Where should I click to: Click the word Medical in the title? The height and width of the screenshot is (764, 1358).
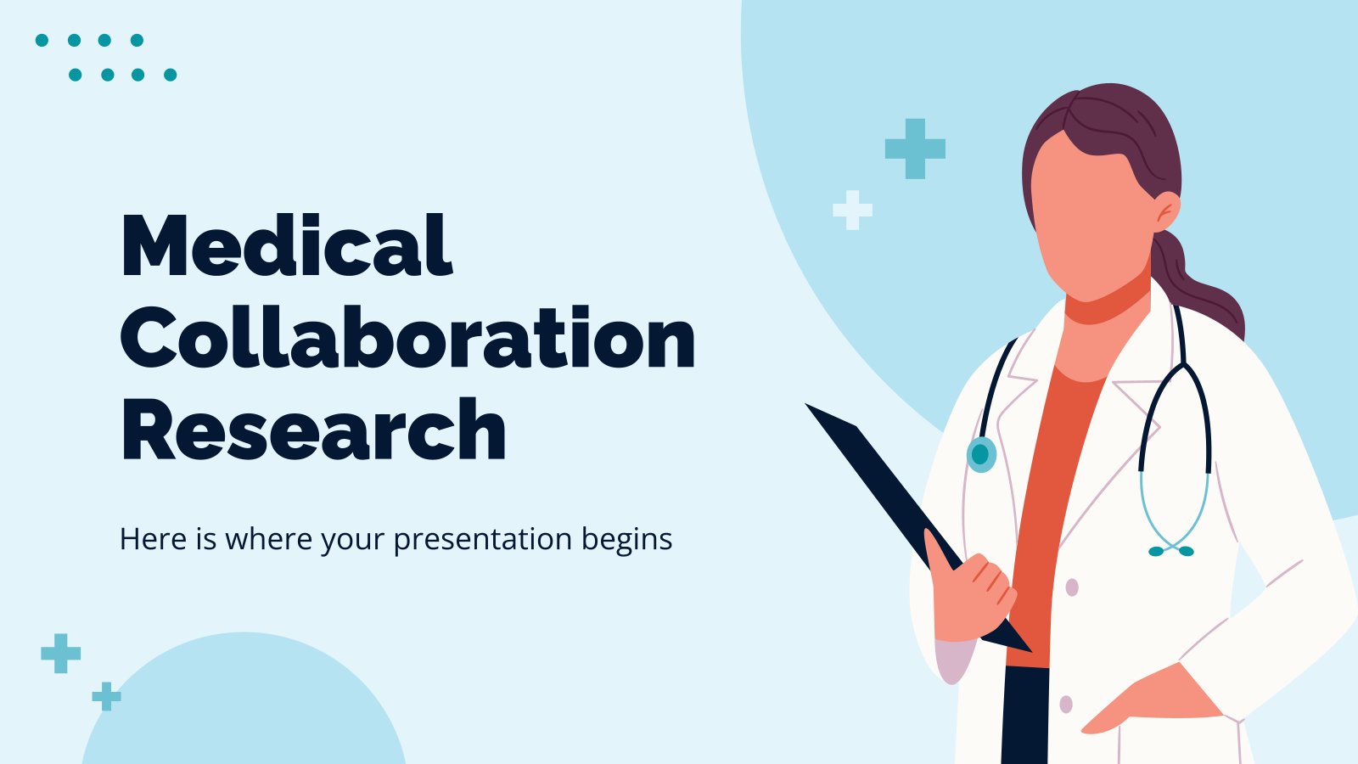[x=288, y=245]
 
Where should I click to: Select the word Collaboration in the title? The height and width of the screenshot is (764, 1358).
[x=408, y=337]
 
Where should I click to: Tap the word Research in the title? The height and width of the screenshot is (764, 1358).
[x=313, y=430]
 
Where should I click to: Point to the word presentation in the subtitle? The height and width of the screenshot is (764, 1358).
[x=483, y=540]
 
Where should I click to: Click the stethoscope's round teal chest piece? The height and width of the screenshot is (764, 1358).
[x=981, y=454]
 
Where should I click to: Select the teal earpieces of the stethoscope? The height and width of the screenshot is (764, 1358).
[x=1171, y=551]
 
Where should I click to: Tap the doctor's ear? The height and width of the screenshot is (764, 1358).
[x=1167, y=211]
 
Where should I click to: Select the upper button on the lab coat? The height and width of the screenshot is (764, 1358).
[x=1072, y=587]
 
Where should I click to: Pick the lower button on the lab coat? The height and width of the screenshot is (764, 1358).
[x=1066, y=704]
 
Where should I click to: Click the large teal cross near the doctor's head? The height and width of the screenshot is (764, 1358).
[x=915, y=149]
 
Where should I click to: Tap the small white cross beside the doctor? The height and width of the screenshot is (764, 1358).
[x=852, y=210]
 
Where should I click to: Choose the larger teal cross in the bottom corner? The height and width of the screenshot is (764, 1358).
[x=60, y=653]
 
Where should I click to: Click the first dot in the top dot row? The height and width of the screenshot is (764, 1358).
[x=42, y=40]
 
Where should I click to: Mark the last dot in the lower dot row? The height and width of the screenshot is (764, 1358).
[x=171, y=75]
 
